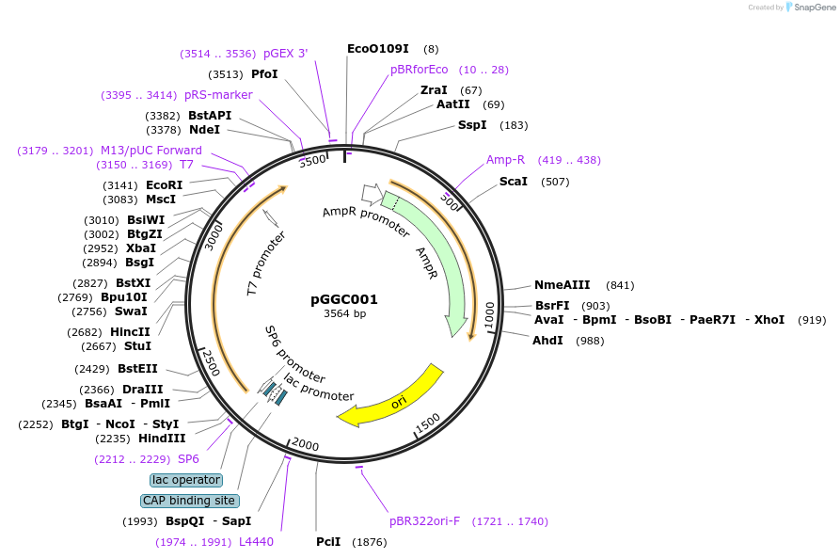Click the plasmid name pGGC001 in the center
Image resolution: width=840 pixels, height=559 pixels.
344,299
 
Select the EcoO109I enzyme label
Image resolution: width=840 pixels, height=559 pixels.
378,48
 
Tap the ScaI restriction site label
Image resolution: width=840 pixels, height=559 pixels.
514,181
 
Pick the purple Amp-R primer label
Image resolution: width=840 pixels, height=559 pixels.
505,160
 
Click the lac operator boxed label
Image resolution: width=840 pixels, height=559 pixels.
186,480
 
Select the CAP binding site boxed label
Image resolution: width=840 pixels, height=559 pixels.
189,501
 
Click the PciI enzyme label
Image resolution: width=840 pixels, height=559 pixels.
328,541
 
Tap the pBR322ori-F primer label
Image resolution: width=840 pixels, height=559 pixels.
425,520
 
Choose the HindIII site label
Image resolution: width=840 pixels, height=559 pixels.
163,438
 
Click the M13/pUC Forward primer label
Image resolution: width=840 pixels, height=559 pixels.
151,151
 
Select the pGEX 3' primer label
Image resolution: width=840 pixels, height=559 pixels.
286,54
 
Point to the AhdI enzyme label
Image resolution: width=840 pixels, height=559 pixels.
547,340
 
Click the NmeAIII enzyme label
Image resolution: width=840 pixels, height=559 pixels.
563,284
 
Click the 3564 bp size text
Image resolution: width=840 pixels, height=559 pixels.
344,313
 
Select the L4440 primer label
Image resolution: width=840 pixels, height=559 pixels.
256,541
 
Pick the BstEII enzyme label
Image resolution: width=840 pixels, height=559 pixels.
138,368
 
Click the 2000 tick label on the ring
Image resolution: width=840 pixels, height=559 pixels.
306,444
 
